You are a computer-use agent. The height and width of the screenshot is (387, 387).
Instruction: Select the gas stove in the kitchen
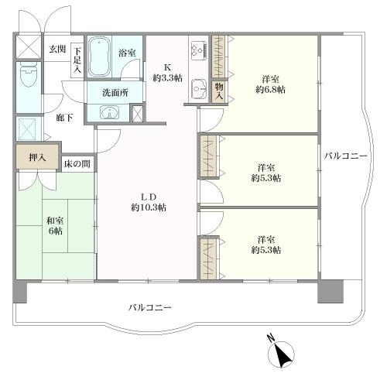195,49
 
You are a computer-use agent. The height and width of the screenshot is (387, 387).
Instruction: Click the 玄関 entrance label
57,49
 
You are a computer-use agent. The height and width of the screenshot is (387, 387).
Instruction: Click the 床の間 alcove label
77,164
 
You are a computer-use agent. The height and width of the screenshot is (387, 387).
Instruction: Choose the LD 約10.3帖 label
148,201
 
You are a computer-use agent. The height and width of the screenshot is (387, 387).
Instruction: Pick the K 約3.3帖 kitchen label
166,72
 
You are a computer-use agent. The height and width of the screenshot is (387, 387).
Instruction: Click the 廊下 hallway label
63,118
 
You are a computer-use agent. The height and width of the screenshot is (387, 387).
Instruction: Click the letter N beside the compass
270,338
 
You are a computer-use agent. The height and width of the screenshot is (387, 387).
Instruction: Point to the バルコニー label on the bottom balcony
150,307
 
